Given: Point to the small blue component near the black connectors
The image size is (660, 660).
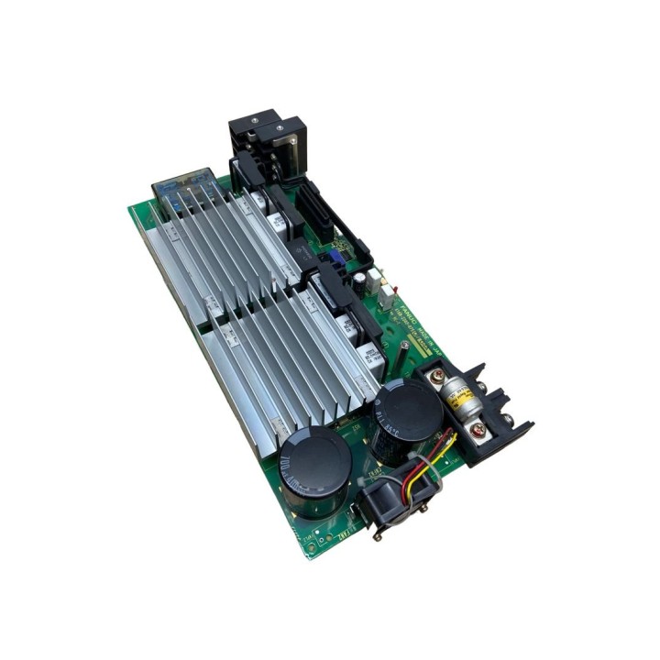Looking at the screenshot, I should [x=333, y=259].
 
